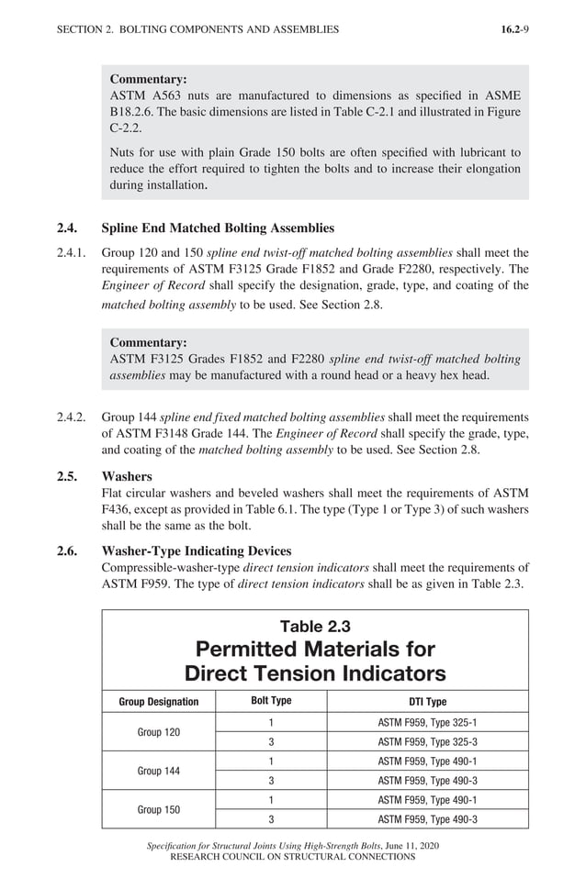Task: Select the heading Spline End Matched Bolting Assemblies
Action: click(x=218, y=228)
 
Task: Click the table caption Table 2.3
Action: click(x=315, y=627)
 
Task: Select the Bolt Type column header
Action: click(x=271, y=701)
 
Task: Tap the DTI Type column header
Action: click(x=427, y=702)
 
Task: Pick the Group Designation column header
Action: click(x=158, y=702)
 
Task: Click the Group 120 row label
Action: click(x=158, y=732)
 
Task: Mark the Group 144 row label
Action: click(x=158, y=771)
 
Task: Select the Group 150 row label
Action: click(x=158, y=810)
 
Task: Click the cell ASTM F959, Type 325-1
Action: click(x=427, y=722)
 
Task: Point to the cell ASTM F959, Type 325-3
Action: click(x=427, y=741)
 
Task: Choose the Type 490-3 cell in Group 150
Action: click(x=427, y=819)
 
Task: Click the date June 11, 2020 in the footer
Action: click(x=414, y=845)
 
